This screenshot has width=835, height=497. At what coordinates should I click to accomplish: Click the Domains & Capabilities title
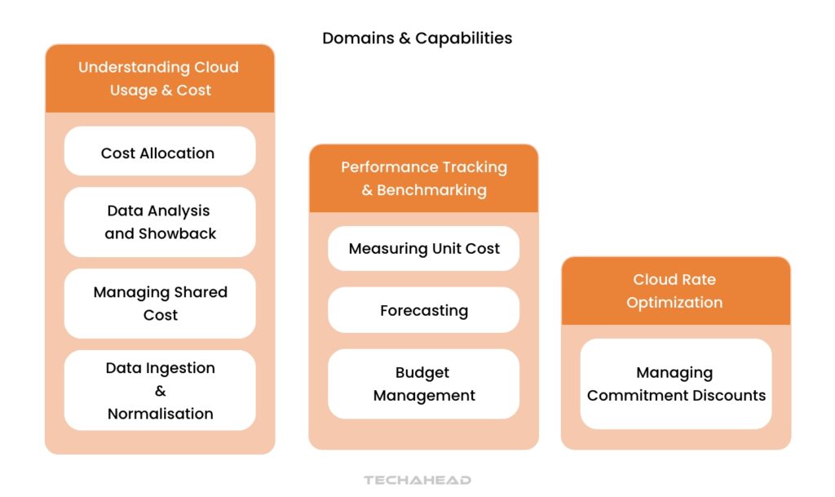pos(417,38)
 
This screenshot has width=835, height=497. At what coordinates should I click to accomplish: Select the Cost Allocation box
pos(159,153)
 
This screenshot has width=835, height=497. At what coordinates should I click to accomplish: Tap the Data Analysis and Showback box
pos(159,222)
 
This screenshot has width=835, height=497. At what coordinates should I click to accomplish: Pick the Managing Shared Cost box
pos(159,304)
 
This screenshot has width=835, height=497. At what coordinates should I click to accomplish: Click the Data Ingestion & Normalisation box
pos(159,391)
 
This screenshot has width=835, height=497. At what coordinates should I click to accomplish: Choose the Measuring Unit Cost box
pos(423,249)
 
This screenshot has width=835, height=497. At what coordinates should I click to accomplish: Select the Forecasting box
pos(423,311)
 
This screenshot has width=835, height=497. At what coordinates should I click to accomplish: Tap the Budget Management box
pos(423,384)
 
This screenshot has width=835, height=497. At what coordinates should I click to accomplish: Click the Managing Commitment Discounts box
pos(675,384)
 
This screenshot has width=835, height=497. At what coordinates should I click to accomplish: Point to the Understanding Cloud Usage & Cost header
pos(159,78)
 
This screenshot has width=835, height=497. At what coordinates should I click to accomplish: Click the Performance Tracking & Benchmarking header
pos(423,179)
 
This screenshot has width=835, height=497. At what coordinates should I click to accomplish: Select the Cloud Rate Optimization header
pos(675,291)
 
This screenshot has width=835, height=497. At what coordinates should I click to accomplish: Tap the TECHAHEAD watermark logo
pos(417,481)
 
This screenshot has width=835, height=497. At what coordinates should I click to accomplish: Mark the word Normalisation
pos(160,414)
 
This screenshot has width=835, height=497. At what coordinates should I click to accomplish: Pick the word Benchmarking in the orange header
pos(431,190)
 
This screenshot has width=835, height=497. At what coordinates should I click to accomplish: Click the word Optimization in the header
pos(674,302)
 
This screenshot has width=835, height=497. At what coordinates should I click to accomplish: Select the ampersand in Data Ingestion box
pos(160,391)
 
